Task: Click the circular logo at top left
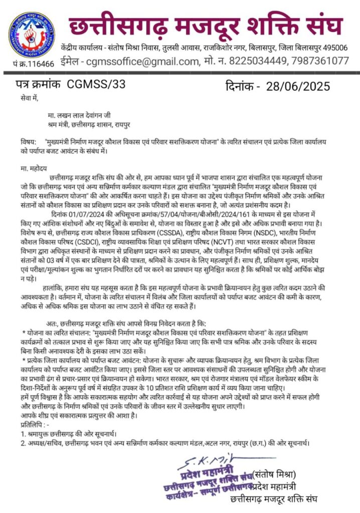click(32, 33)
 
